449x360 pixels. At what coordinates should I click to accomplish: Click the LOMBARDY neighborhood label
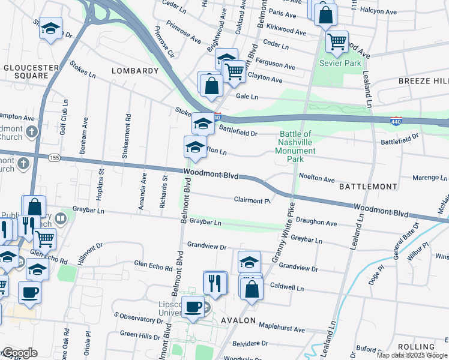[x=135, y=71]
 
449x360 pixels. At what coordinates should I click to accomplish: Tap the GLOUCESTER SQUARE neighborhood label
[x=26, y=71]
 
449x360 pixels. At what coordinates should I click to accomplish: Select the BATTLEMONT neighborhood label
[x=368, y=187]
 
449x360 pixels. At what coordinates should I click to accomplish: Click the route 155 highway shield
[x=55, y=157]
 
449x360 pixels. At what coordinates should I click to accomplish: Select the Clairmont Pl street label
[x=252, y=200]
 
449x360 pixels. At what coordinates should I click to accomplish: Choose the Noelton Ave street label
[x=316, y=179]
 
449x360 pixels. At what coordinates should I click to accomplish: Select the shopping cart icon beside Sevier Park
[x=337, y=41]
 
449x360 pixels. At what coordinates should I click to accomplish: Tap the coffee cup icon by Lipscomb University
[x=193, y=307]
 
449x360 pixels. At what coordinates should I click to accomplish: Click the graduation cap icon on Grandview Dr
[x=250, y=262]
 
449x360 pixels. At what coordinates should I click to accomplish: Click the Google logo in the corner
[x=20, y=353]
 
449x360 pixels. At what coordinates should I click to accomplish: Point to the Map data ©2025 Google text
[x=412, y=355]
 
